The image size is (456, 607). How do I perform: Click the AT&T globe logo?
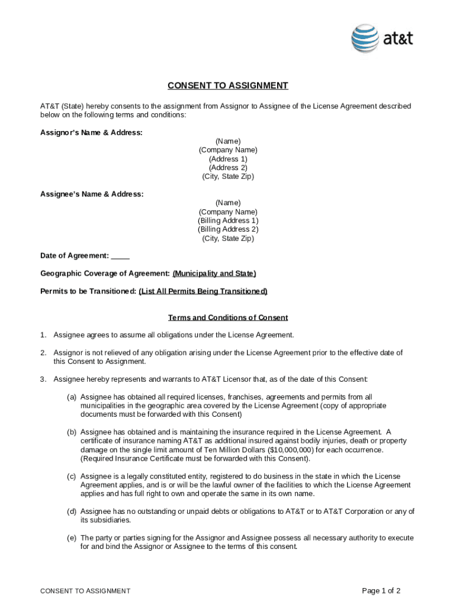365,39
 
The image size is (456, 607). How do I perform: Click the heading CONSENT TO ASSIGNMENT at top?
227,86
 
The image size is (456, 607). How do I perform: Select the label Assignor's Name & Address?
91,133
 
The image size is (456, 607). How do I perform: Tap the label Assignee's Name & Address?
92,194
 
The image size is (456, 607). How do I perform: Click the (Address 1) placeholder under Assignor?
228,159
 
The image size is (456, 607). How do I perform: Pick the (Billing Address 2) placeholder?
228,229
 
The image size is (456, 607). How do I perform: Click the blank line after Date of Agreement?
120,256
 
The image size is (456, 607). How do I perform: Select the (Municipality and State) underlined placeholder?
214,274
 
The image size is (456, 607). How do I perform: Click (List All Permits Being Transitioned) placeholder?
203,292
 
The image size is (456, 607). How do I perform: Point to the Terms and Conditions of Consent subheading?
228,318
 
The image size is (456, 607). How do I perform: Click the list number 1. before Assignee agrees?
43,336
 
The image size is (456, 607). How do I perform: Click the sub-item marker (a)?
71,397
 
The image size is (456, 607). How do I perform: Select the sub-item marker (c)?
71,477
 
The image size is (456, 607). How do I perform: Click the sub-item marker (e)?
71,538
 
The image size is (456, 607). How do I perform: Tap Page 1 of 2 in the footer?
381,591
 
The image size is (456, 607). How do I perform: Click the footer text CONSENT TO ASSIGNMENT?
85,591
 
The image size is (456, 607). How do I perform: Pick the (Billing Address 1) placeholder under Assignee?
228,221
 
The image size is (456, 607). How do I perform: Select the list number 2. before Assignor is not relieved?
43,353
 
